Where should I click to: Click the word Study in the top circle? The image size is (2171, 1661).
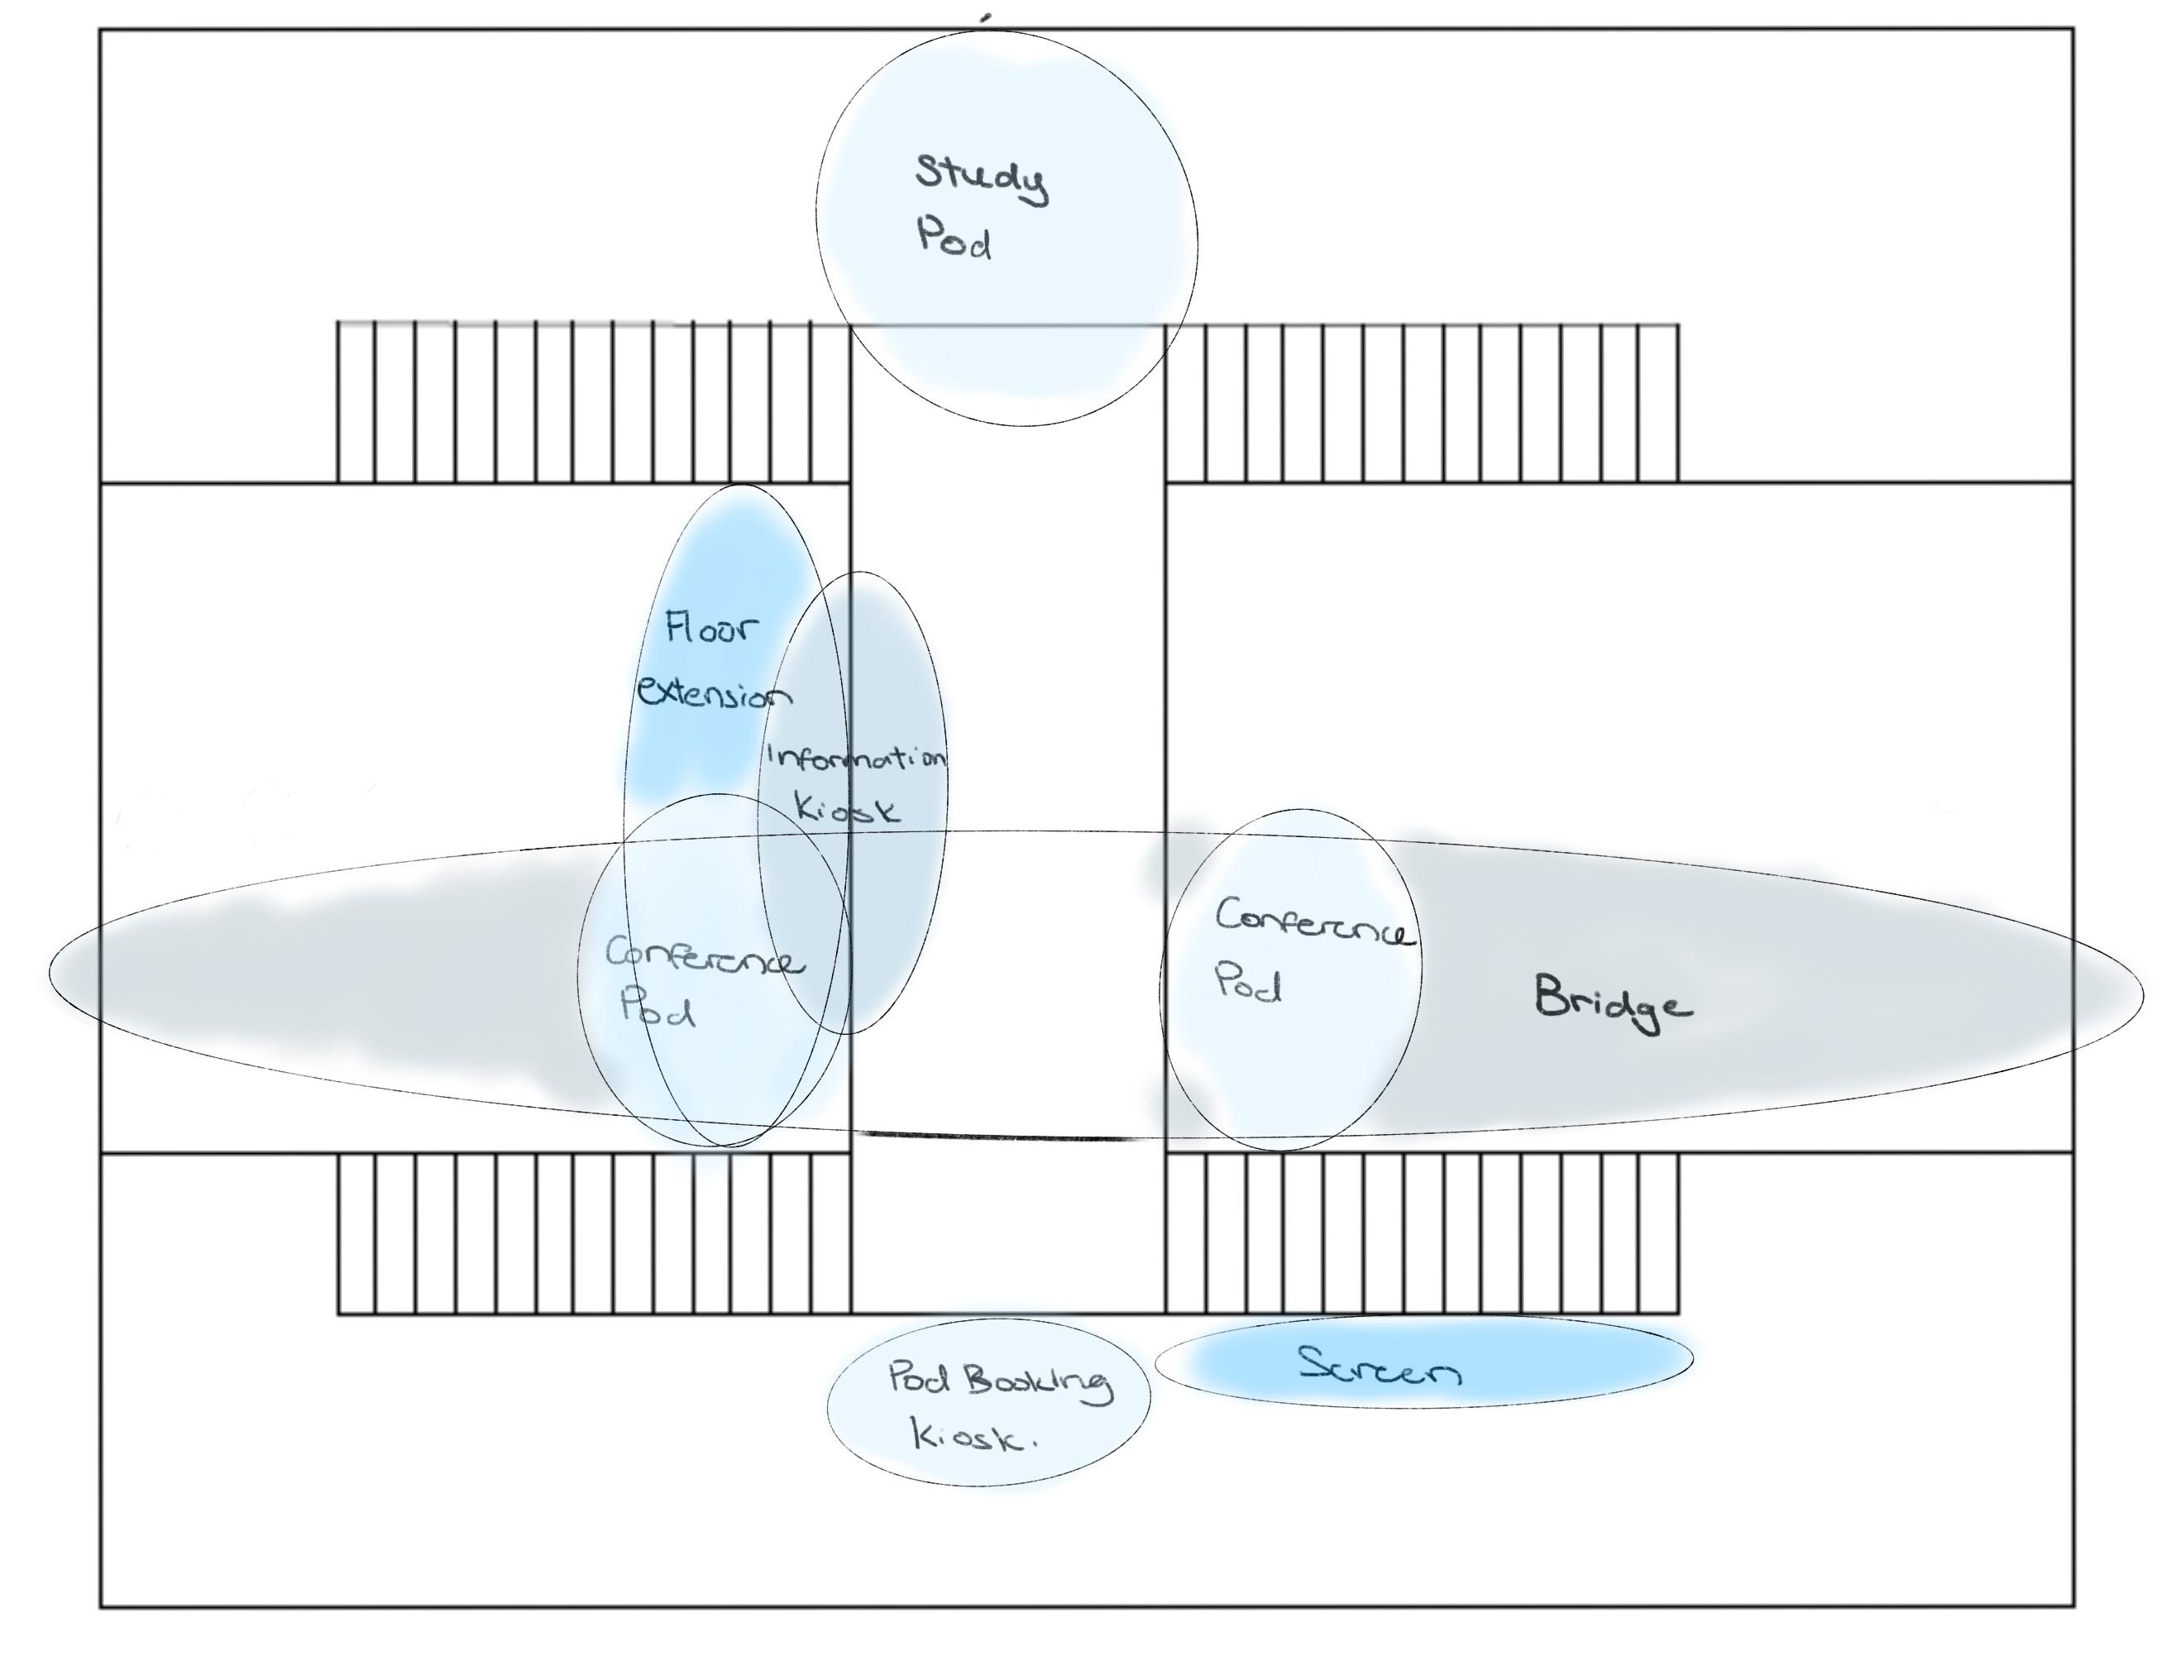pyautogui.click(x=980, y=178)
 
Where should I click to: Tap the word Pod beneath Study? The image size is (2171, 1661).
pyautogui.click(x=954, y=239)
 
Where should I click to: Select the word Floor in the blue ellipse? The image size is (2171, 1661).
pyautogui.click(x=712, y=628)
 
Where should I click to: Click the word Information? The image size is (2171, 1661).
pyautogui.click(x=856, y=759)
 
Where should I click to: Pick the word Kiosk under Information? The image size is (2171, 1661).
pyautogui.click(x=849, y=811)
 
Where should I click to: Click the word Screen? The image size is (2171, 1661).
pyautogui.click(x=1380, y=1368)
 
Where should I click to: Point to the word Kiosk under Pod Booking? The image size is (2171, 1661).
pyautogui.click(x=972, y=1437)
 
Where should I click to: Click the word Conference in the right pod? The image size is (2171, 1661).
pyautogui.click(x=1314, y=922)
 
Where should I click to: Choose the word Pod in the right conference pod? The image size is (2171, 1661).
pyautogui.click(x=1248, y=984)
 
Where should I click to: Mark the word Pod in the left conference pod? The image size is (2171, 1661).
pyautogui.click(x=658, y=1008)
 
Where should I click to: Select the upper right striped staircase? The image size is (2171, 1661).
pyautogui.click(x=1422, y=402)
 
